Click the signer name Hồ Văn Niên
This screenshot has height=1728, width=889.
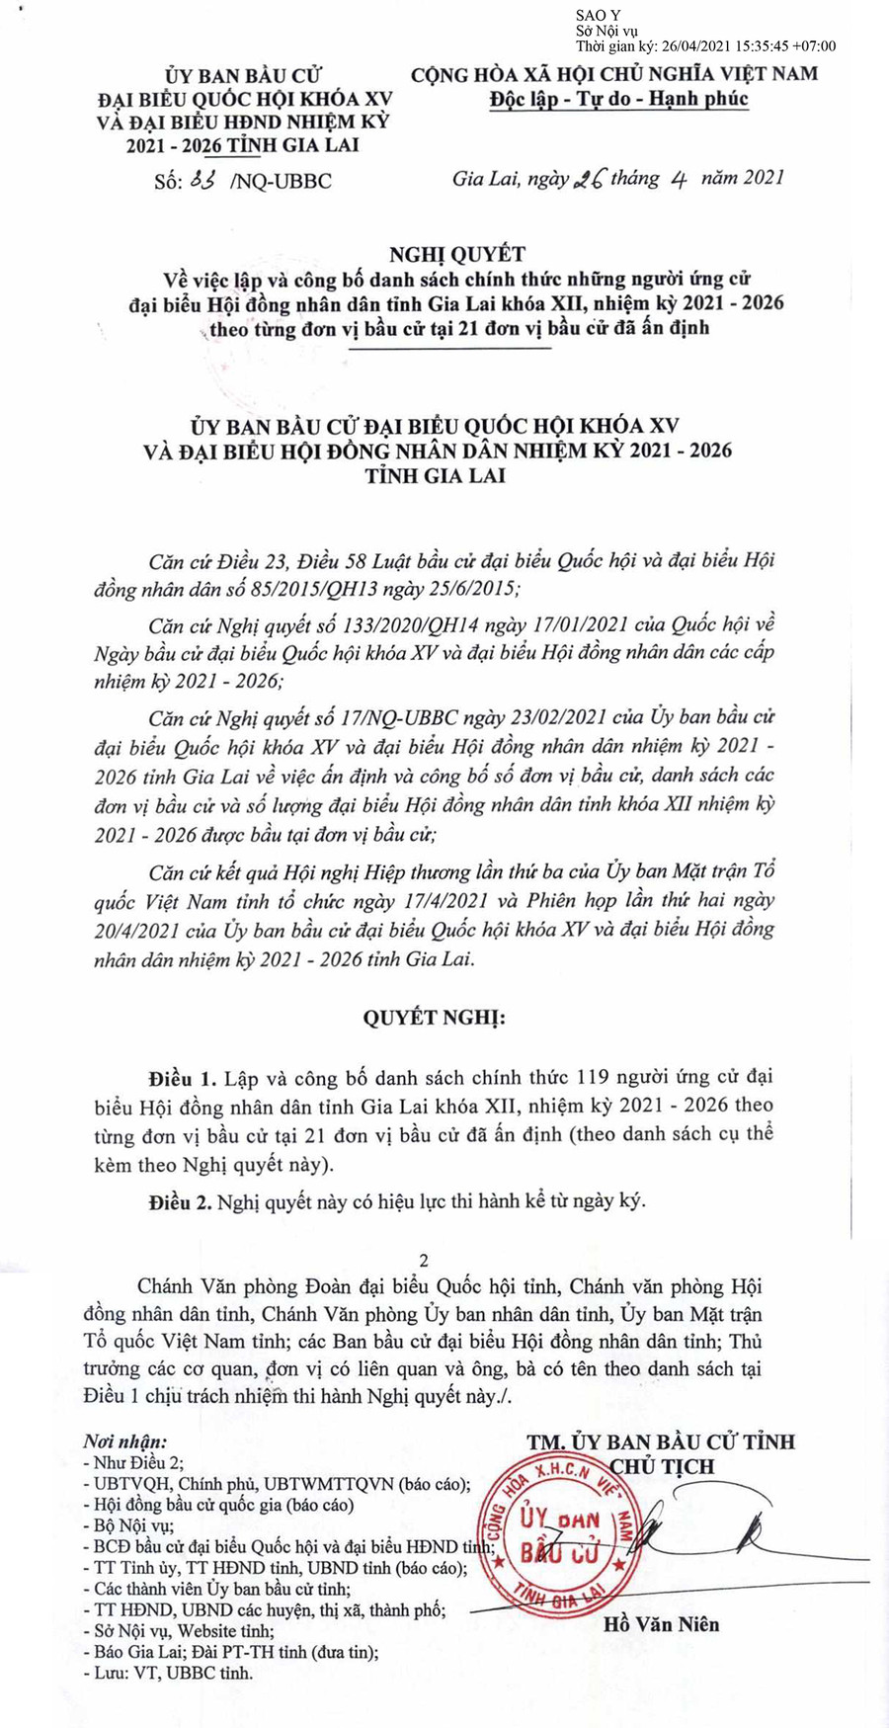point(662,1623)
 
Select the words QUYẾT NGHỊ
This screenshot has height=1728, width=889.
point(434,1018)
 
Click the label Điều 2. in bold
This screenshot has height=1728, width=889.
point(182,1201)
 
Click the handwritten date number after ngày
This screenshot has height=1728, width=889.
point(589,179)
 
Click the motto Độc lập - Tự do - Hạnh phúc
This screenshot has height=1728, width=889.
point(619,99)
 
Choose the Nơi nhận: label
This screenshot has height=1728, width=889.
point(125,1442)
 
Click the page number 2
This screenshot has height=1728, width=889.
point(425,1260)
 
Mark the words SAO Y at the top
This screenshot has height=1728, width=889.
point(599,15)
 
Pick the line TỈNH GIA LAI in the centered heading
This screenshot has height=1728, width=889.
point(436,475)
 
